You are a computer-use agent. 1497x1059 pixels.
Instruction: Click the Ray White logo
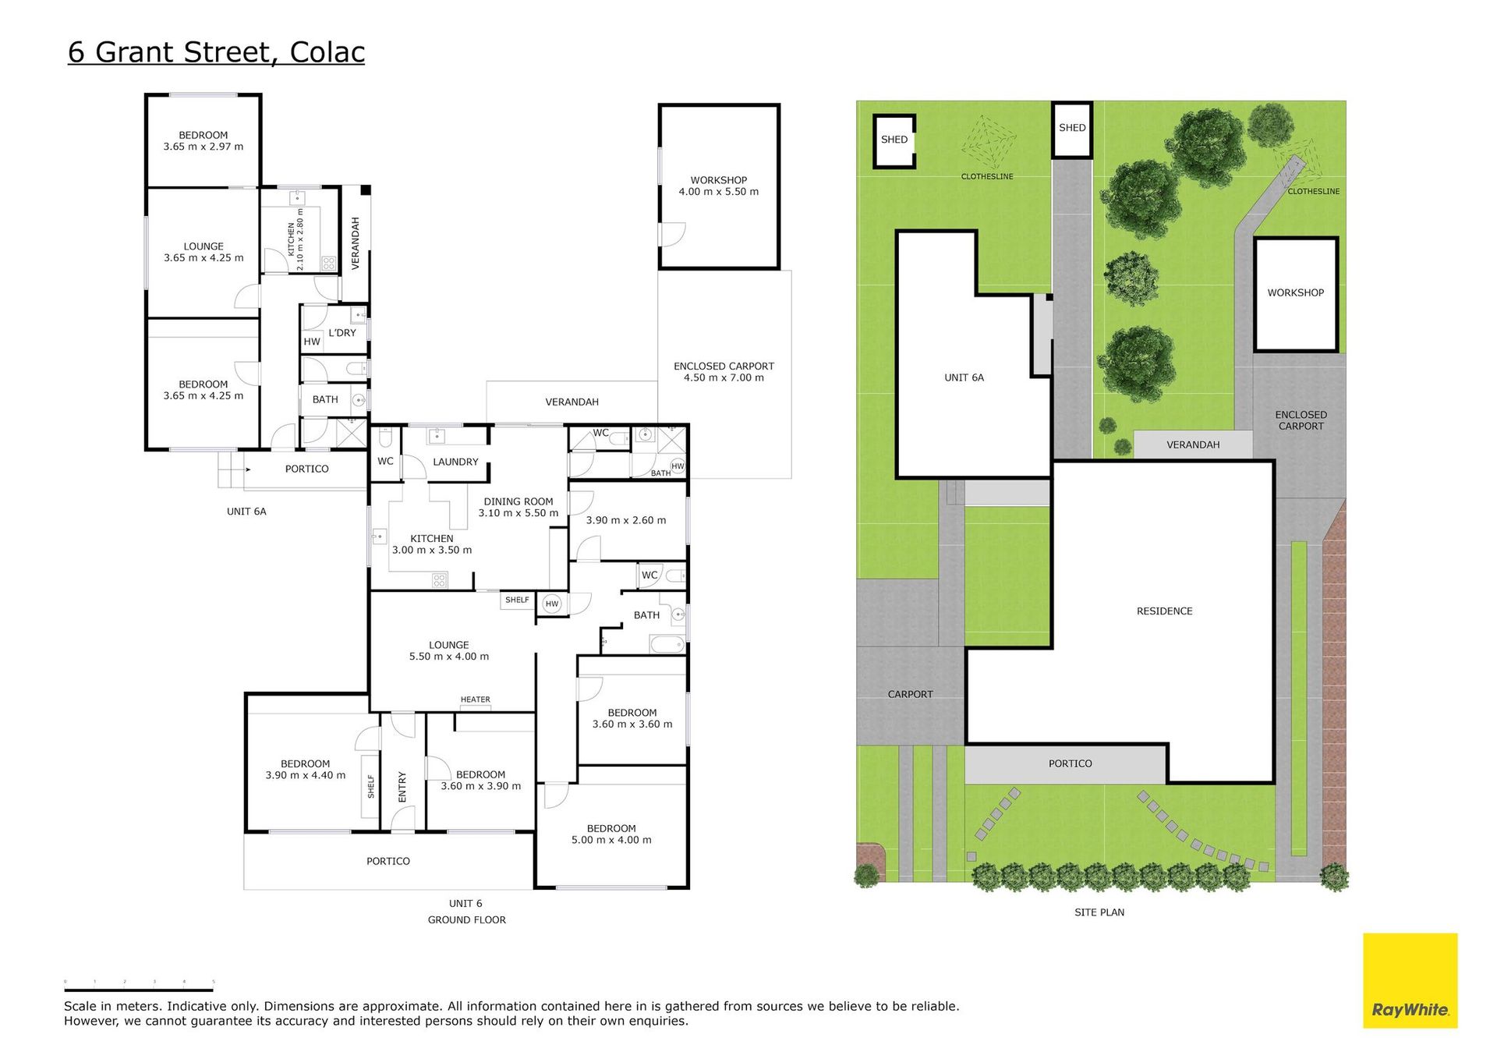tap(1410, 980)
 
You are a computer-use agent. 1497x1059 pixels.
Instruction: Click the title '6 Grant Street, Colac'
tap(216, 52)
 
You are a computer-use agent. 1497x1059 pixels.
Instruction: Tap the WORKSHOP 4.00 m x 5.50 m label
tap(718, 186)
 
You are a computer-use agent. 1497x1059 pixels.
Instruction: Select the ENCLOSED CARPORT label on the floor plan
tap(724, 372)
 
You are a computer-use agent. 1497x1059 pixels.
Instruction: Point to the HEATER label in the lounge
tap(476, 700)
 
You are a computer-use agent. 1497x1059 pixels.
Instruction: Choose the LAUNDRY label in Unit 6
tap(455, 462)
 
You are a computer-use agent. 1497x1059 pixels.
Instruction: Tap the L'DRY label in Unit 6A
tap(342, 333)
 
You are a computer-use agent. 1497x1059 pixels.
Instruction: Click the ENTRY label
tap(402, 787)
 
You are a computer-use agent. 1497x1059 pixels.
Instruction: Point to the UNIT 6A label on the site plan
tap(964, 377)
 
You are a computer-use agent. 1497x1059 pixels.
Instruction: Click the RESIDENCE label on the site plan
tap(1164, 611)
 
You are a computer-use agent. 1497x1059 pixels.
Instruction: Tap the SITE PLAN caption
tap(1099, 912)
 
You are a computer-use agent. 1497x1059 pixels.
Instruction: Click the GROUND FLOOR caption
tap(466, 920)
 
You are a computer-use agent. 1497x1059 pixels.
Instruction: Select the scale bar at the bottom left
tap(139, 988)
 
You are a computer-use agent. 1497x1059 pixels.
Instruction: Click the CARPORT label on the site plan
tap(910, 694)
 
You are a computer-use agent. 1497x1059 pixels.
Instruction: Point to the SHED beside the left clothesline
tap(894, 141)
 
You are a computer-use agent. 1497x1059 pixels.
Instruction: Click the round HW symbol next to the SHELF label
tap(552, 604)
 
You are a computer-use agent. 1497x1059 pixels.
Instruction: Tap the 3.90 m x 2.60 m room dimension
tap(626, 520)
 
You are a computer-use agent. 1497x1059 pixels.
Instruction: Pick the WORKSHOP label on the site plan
tap(1295, 293)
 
